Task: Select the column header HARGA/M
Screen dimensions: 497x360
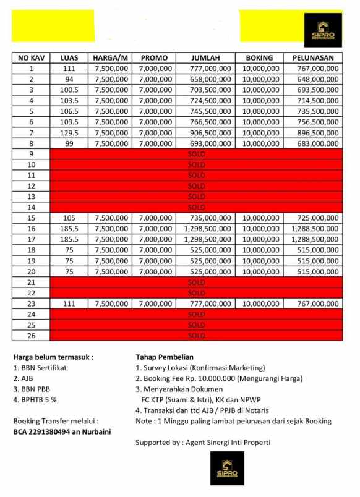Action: pos(111,58)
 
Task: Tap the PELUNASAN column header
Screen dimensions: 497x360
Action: pos(313,58)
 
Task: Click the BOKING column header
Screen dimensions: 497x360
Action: pos(259,58)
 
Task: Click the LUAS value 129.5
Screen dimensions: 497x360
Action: pos(69,133)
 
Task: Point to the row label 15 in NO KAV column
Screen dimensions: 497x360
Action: pos(31,218)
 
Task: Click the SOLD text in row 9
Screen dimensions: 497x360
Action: pos(196,154)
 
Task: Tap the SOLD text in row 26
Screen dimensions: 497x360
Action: pos(196,336)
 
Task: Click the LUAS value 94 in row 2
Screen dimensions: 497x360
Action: pos(69,80)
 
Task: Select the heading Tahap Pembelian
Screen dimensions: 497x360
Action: pos(165,357)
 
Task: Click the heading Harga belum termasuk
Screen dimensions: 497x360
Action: pos(53,357)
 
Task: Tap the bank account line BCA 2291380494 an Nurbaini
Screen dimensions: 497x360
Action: pos(62,431)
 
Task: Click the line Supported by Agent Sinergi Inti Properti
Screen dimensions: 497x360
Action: pos(203,443)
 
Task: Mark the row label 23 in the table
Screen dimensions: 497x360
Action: pos(31,304)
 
